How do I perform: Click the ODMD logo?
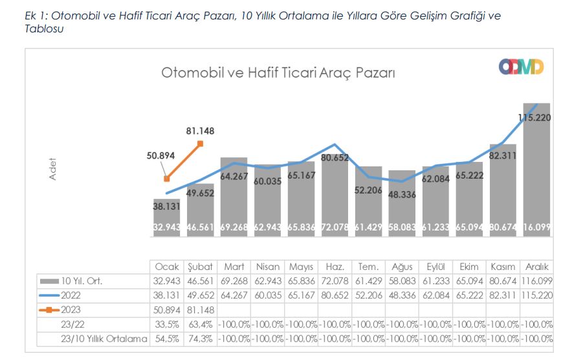click(x=521, y=67)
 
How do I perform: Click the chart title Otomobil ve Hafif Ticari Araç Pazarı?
click(x=278, y=73)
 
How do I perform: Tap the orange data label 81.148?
click(x=199, y=131)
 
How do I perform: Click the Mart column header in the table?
click(x=234, y=267)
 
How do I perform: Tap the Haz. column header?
click(x=335, y=267)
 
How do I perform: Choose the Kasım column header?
click(x=503, y=267)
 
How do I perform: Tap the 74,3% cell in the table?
click(x=200, y=338)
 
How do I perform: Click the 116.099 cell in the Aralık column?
click(x=536, y=281)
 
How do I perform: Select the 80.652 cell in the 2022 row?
click(x=335, y=295)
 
